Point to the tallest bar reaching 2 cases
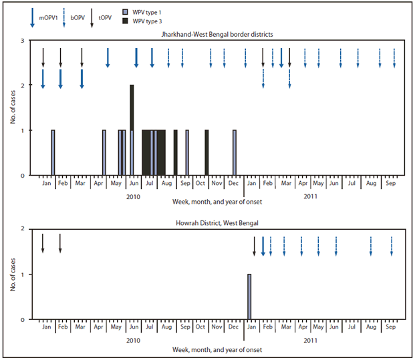coord(132,130)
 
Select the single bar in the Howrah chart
coord(249,297)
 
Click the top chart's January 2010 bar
coord(53,152)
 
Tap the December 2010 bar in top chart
coord(235,152)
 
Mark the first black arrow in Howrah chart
coord(43,243)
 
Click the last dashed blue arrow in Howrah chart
coord(392,246)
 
